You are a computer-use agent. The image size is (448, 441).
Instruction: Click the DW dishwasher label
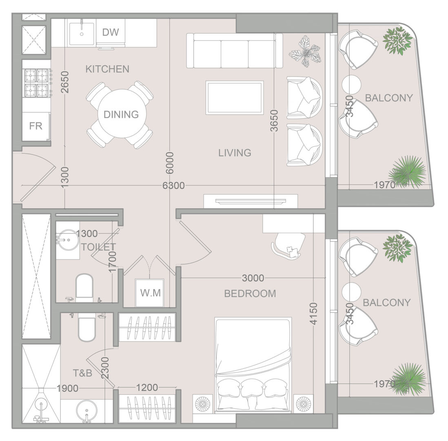pyautogui.click(x=110, y=32)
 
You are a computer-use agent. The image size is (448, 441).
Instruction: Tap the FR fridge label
pyautogui.click(x=35, y=126)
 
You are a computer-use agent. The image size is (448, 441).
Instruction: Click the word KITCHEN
pyautogui.click(x=107, y=69)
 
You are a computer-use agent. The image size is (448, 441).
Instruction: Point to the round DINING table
pyautogui.click(x=122, y=114)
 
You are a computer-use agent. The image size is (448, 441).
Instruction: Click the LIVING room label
pyautogui.click(x=235, y=153)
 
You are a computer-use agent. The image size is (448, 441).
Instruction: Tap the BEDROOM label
pyautogui.click(x=250, y=294)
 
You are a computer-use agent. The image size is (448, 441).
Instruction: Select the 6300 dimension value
pyautogui.click(x=173, y=186)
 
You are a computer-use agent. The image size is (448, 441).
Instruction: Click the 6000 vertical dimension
pyautogui.click(x=170, y=163)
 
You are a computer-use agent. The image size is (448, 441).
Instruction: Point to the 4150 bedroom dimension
pyautogui.click(x=314, y=314)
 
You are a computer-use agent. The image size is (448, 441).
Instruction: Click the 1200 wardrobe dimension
pyautogui.click(x=147, y=388)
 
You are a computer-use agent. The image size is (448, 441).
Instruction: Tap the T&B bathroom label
pyautogui.click(x=82, y=373)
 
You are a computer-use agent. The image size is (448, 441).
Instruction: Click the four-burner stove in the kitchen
pyautogui.click(x=37, y=83)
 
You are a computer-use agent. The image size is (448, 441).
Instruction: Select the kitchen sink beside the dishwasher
pyautogui.click(x=82, y=33)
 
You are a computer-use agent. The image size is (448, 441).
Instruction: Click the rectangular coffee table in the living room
pyautogui.click(x=235, y=98)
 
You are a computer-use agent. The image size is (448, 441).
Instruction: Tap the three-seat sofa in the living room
pyautogui.click(x=235, y=51)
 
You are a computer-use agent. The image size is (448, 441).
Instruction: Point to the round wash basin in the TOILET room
pyautogui.click(x=67, y=240)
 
